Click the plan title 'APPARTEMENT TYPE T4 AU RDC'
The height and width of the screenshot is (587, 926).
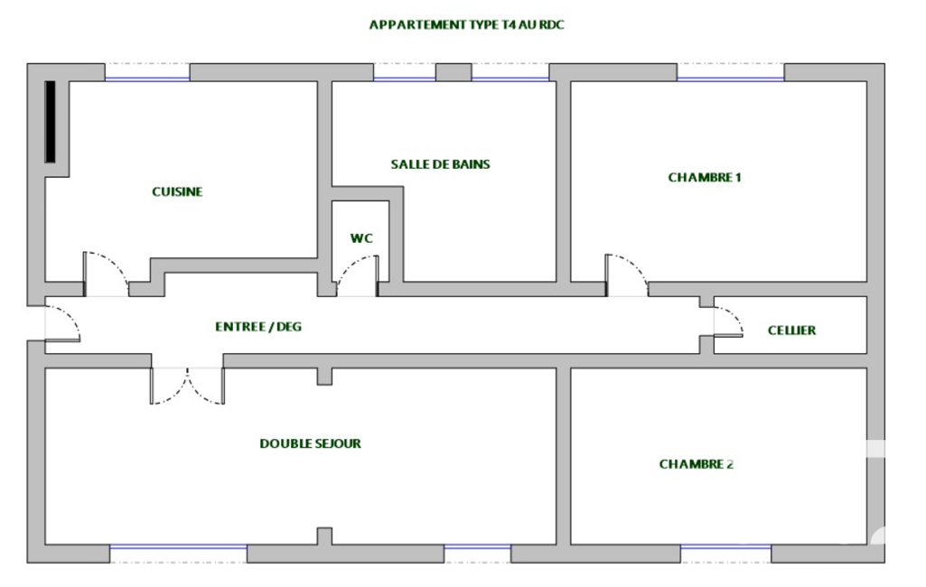466,24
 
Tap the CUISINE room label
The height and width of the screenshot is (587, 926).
177,192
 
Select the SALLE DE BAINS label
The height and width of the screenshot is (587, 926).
441,164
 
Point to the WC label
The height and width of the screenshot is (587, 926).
361,238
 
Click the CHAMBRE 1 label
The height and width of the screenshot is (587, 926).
705,177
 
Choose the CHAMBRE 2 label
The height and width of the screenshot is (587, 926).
697,464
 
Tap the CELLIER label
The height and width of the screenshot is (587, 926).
792,331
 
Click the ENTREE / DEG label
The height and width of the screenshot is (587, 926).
258,327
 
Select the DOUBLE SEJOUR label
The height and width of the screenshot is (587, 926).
310,443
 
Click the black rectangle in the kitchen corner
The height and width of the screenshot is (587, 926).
51,122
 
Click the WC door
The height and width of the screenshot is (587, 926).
357,275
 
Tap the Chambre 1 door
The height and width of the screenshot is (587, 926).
627,275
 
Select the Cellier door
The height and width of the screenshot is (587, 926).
728,321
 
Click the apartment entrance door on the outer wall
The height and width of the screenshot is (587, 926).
62,323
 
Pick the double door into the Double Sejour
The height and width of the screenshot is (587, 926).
187,387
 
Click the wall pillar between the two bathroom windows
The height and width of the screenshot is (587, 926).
454,72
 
